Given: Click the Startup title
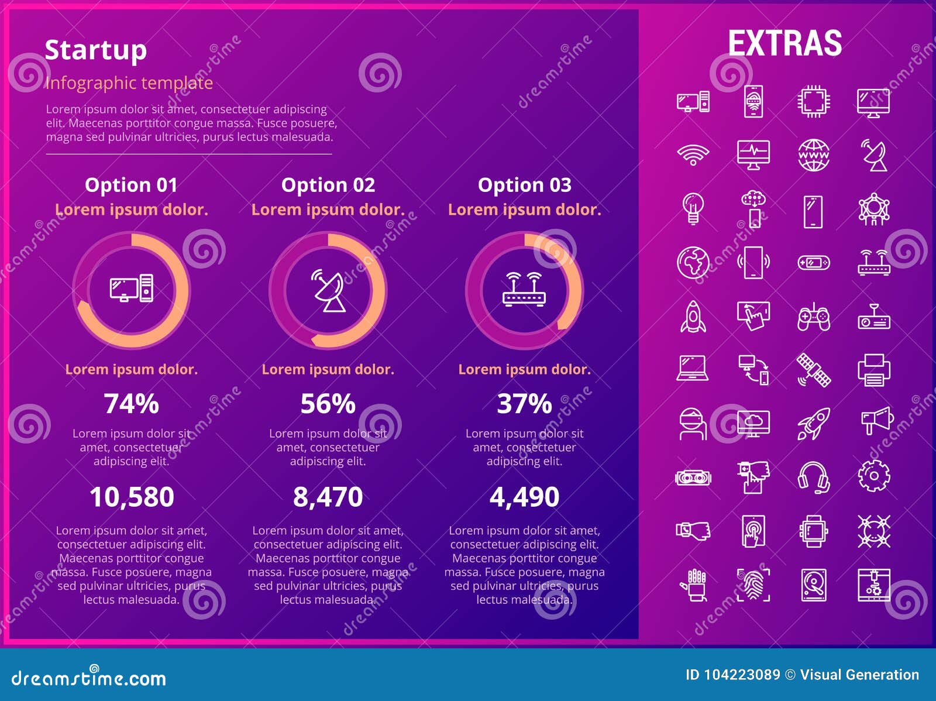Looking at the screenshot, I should coord(95,50).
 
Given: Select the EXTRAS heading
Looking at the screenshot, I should coord(784,43).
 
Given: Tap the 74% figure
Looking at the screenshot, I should coord(131,404).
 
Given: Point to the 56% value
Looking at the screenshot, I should coord(328,404).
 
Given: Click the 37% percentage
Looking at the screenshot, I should coord(524,404).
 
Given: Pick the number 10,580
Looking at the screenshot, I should coord(132,497).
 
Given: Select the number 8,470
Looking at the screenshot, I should coord(328,497).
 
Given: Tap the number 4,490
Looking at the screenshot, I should coord(524,497).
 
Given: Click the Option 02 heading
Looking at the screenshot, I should coord(328,185).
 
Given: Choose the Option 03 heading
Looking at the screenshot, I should coord(524,185).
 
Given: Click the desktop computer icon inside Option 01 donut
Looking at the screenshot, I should coord(132,288).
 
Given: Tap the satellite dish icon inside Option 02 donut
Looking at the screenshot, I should coord(328,290).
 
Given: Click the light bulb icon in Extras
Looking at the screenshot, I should coord(693,208).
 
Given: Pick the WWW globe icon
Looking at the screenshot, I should coord(813,155).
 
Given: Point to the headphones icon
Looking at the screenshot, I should coord(813,477).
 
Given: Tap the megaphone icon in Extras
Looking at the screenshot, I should coord(876,420).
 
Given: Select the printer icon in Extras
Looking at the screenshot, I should coord(874,370).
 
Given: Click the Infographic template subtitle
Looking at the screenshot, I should coord(129,83).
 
